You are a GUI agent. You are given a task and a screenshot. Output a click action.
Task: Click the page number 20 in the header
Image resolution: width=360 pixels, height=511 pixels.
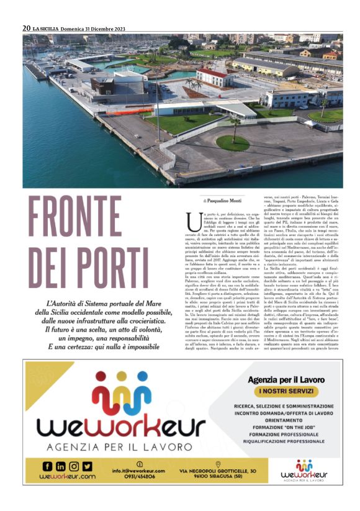[x=27, y=28]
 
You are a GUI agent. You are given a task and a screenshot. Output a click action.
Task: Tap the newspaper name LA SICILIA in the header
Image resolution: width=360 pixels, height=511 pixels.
[x=48, y=28]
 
